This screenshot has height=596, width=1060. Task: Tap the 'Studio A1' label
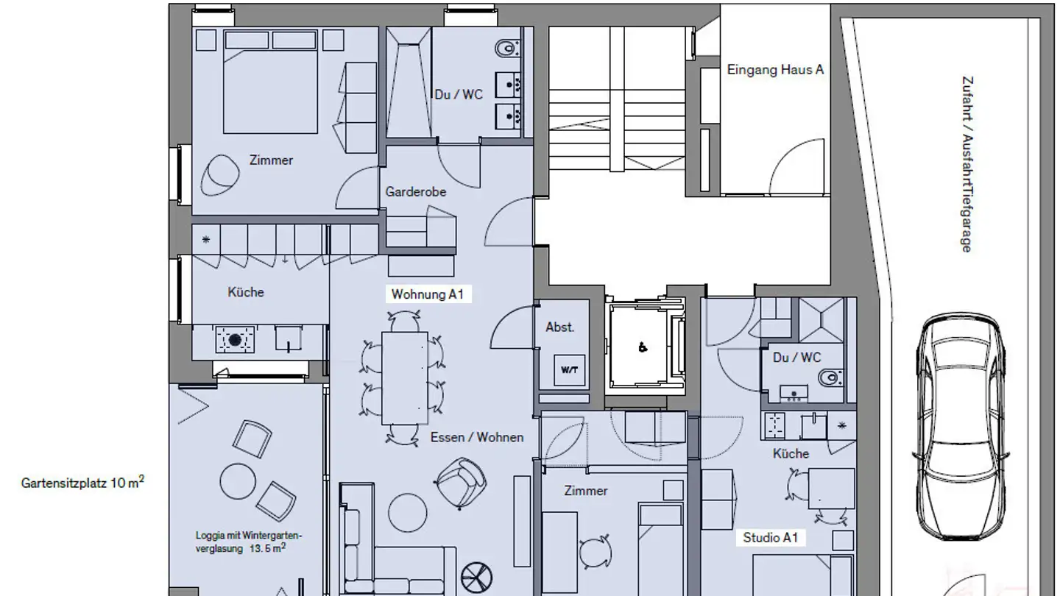click(770, 538)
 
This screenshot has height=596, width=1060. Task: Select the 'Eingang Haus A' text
click(775, 70)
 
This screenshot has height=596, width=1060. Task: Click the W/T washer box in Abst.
click(569, 370)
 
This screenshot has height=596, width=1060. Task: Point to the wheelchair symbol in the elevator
click(643, 348)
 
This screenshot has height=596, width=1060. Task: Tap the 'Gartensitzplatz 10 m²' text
click(82, 483)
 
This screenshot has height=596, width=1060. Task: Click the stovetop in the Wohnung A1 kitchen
click(235, 340)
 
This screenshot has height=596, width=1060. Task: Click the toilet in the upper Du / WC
click(506, 49)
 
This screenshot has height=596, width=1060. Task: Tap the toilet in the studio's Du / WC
click(830, 378)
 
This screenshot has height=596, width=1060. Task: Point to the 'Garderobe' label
click(416, 192)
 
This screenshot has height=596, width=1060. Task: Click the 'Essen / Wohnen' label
click(477, 437)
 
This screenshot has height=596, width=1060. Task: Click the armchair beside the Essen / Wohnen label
click(461, 483)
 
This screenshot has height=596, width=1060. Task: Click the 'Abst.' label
click(559, 327)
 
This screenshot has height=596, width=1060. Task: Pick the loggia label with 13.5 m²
click(249, 542)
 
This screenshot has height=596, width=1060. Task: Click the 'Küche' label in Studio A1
click(791, 454)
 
